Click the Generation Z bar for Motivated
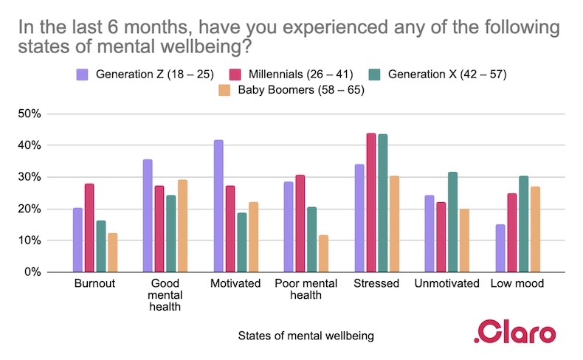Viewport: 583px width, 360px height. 218,206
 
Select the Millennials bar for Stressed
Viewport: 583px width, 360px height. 371,203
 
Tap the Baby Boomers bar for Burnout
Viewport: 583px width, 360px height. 113,252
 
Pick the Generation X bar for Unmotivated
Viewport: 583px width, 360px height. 453,222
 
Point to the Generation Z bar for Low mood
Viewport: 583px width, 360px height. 501,248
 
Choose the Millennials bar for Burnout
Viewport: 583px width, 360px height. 89,228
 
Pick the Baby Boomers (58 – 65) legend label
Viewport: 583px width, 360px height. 300,91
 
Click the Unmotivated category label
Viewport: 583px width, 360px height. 447,283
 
